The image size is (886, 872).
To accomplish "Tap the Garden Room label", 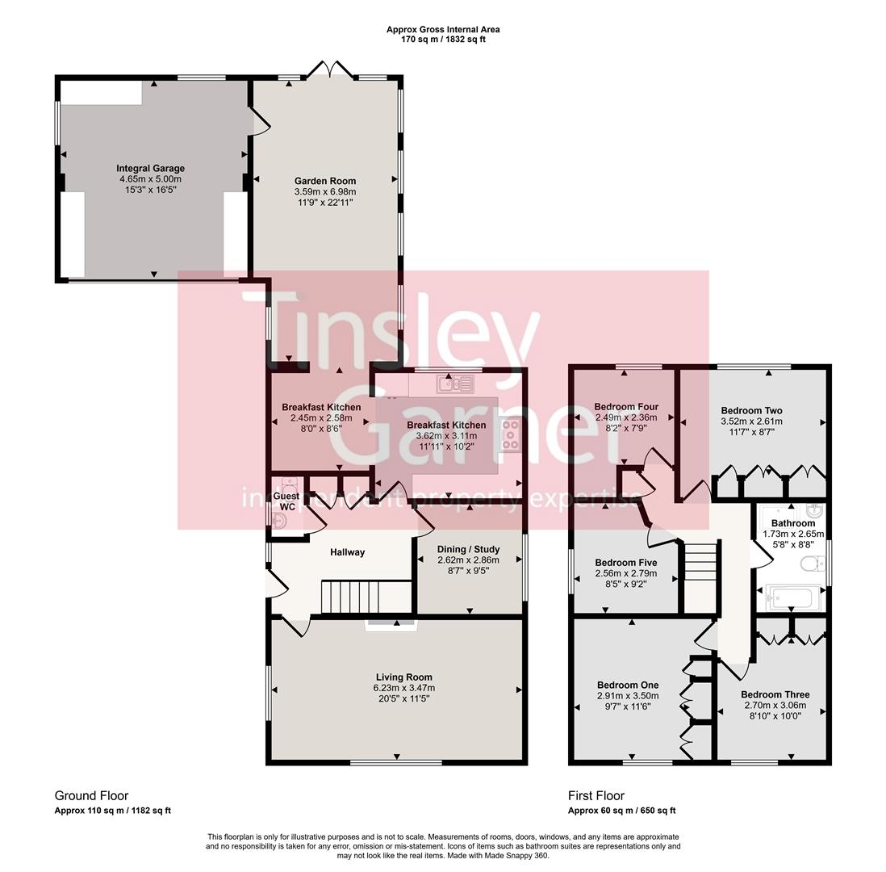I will click(325, 181).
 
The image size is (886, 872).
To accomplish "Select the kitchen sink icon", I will click(455, 384).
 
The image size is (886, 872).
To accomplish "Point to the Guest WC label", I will click(286, 501).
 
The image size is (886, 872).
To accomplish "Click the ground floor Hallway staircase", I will click(350, 598).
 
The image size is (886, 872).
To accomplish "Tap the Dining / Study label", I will click(468, 549).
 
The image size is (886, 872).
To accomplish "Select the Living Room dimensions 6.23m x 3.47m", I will click(403, 688).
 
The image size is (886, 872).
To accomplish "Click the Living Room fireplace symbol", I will click(391, 624).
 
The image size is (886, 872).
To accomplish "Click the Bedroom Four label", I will click(626, 407).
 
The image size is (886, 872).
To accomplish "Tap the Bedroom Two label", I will click(751, 410).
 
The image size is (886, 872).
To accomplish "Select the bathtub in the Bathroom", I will click(793, 597).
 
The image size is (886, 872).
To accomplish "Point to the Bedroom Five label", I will click(625, 563).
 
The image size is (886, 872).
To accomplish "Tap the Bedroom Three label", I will click(775, 694).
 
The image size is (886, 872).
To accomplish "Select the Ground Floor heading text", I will click(91, 795).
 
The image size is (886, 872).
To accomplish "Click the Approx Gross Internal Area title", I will click(443, 29).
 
